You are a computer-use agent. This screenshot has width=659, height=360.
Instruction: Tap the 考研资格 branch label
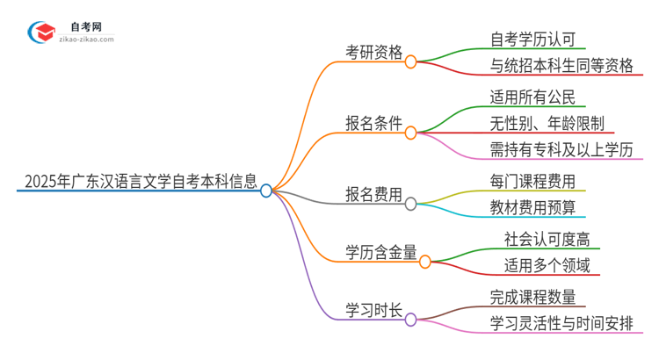pyautogui.click(x=374, y=53)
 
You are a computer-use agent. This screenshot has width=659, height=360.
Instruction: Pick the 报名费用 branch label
pyautogui.click(x=374, y=195)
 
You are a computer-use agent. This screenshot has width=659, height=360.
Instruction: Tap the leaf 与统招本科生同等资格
pyautogui.click(x=562, y=67)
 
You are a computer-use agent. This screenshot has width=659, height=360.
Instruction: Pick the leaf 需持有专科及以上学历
pyautogui.click(x=561, y=150)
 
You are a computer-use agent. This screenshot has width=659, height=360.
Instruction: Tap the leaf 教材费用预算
pyautogui.click(x=532, y=209)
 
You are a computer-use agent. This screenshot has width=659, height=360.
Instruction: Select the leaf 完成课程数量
pyautogui.click(x=532, y=296)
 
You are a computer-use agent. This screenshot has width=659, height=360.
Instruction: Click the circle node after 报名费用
pyautogui.click(x=410, y=204)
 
